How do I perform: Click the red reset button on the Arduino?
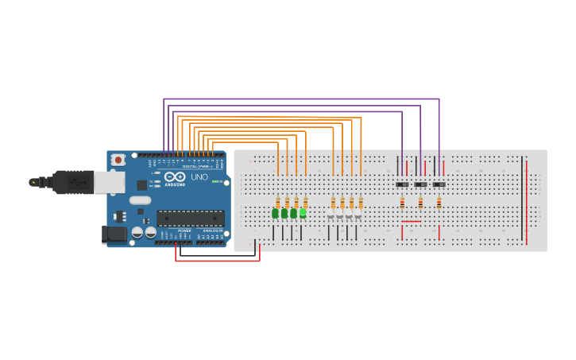(118, 160)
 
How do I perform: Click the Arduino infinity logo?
(176, 176)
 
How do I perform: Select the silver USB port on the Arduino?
(109, 183)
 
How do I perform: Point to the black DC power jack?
(114, 234)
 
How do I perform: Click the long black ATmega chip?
(190, 218)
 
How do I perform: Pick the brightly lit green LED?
(303, 213)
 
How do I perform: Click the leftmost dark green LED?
(275, 213)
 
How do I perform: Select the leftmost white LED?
(331, 217)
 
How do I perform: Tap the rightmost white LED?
(358, 217)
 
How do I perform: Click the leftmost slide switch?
(402, 184)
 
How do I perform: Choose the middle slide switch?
(420, 184)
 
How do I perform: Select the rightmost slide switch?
(439, 184)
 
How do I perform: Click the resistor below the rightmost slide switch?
(439, 203)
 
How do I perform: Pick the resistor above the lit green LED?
(305, 202)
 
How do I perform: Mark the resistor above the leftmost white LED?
(333, 202)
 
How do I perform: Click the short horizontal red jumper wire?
(412, 222)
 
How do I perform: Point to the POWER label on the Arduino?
(184, 230)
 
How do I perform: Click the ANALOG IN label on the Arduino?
(212, 230)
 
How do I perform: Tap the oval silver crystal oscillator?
(140, 200)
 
